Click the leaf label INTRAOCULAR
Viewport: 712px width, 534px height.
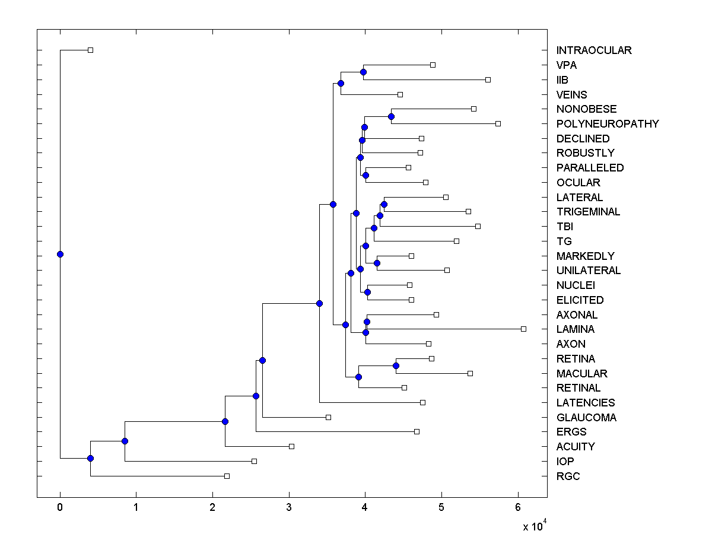(594, 50)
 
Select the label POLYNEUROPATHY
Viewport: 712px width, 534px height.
(608, 124)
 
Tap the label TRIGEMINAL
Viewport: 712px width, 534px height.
(588, 212)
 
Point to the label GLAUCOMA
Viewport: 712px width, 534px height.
(586, 418)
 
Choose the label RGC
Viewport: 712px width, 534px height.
(568, 476)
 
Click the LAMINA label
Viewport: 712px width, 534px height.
(575, 329)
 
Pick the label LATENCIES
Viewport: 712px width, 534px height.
(586, 403)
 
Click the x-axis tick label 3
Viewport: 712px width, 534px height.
(289, 508)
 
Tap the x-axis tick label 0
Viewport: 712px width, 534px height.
(60, 508)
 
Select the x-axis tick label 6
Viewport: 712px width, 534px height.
(518, 508)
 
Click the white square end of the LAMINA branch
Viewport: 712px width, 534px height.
(523, 329)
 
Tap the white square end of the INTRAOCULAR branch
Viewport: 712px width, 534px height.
(90, 50)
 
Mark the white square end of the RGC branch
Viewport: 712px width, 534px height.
(227, 476)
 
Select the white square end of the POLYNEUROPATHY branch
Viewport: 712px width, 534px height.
(498, 123)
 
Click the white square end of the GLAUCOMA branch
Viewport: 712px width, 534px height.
(328, 417)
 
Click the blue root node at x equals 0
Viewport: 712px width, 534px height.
(60, 254)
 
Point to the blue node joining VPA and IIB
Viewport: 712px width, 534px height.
(363, 72)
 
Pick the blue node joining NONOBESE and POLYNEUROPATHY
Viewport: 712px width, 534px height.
(391, 116)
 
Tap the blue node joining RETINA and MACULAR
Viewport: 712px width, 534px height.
(396, 365)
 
